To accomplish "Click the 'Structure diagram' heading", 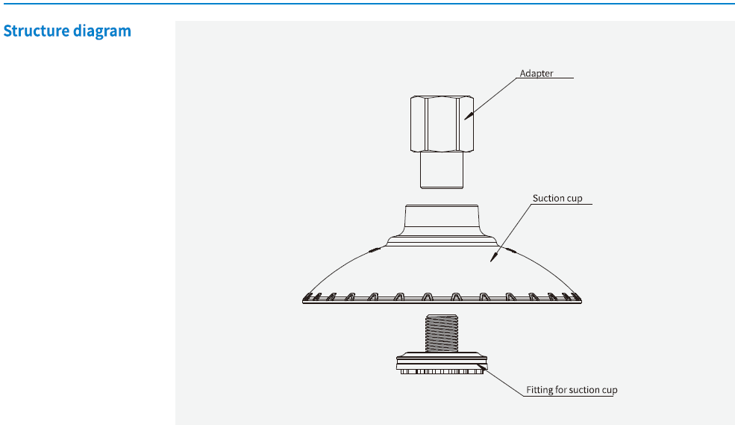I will click(x=67, y=31).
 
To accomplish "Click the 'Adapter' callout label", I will click(x=537, y=73).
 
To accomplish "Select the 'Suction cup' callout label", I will click(x=557, y=199).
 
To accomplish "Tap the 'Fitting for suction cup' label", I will click(x=572, y=390).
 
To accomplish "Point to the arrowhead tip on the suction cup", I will click(x=491, y=261).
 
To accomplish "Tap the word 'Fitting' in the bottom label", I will click(x=539, y=390).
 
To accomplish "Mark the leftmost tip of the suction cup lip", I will click(x=304, y=300).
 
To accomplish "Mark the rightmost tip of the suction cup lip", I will click(x=581, y=300).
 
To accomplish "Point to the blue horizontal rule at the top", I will click(x=367, y=4).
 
